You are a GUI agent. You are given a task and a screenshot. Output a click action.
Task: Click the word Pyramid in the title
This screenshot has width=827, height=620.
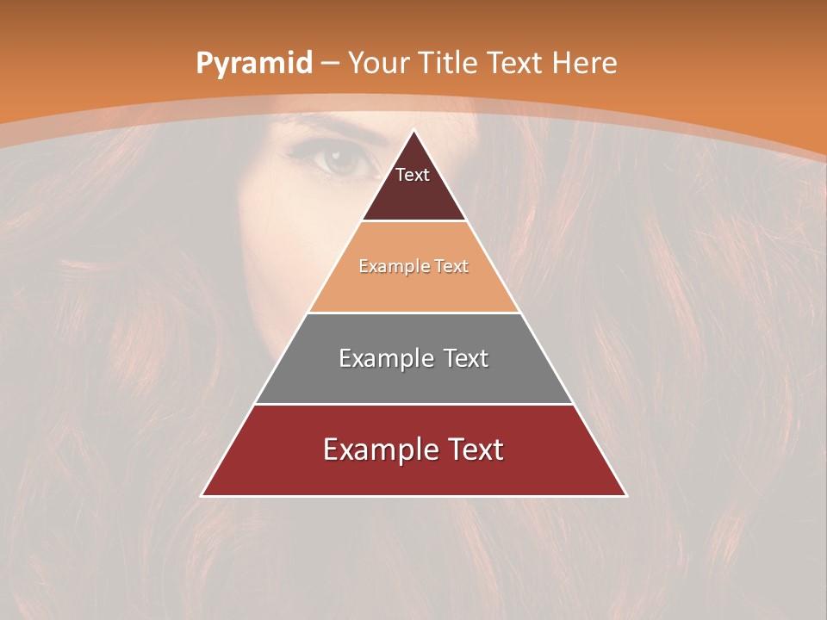[x=253, y=64]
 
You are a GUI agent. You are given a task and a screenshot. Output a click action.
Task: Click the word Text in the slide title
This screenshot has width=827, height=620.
[x=515, y=63]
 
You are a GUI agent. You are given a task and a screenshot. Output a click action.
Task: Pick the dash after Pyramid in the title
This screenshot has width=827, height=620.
[x=329, y=64]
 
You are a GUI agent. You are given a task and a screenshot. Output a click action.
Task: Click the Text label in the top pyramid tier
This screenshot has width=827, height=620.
[x=413, y=175]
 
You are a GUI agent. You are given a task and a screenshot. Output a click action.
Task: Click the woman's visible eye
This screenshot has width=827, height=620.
[x=342, y=161]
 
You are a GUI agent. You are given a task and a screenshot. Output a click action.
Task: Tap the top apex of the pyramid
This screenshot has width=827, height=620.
[x=414, y=130]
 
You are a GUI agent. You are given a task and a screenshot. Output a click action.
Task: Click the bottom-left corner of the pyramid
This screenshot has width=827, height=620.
[x=202, y=495]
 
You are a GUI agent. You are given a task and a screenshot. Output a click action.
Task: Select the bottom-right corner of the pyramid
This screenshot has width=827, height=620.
[x=626, y=495]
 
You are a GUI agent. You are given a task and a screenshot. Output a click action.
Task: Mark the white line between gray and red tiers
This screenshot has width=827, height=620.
[x=413, y=404]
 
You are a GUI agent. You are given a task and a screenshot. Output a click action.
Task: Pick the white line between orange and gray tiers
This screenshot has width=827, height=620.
[x=413, y=313]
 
